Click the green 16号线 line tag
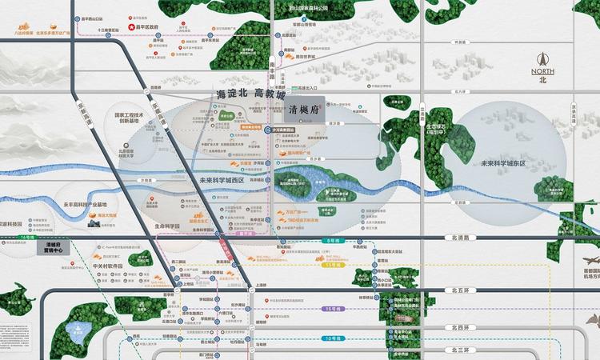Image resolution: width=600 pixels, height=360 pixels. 30,238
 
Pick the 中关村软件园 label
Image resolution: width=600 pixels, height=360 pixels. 106,266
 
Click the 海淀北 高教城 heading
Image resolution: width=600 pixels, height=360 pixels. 250,94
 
